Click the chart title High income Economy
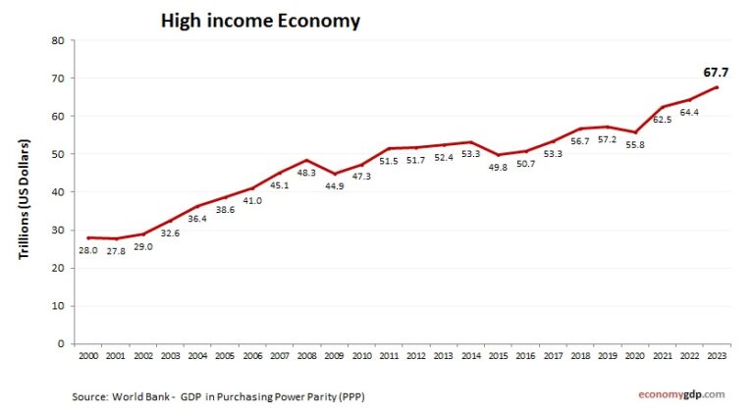pyautogui.click(x=260, y=21)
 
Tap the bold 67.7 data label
pyautogui.click(x=718, y=72)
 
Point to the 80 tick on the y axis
pyautogui.click(x=58, y=41)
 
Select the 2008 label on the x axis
pyautogui.click(x=307, y=355)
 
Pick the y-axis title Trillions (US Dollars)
pyautogui.click(x=24, y=199)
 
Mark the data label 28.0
pyautogui.click(x=88, y=251)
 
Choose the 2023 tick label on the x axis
pyautogui.click(x=719, y=355)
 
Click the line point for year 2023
pyautogui.click(x=719, y=87)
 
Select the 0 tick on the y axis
pyautogui.click(x=61, y=344)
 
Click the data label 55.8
pyautogui.click(x=635, y=145)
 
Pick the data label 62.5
pyautogui.click(x=665, y=120)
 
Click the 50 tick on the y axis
pyautogui.click(x=58, y=155)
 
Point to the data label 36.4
pyautogui.click(x=198, y=220)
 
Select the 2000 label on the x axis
pyautogui.click(x=88, y=355)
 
